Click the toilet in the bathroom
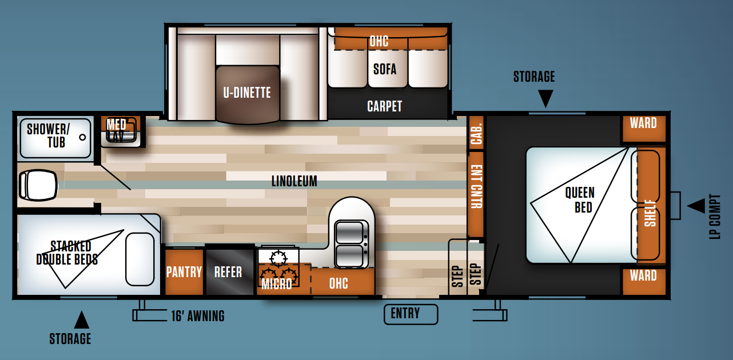click(38, 185)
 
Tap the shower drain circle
click(82, 137)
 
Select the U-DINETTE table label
click(247, 93)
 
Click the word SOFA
click(385, 69)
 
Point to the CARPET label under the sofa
click(384, 106)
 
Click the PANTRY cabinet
click(184, 272)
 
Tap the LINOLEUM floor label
click(294, 181)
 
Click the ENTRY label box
click(411, 314)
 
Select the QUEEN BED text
click(580, 200)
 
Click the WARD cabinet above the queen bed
click(644, 129)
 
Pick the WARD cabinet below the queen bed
click(644, 282)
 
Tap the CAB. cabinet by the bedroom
click(476, 133)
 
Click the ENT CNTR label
click(476, 187)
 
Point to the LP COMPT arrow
click(696, 206)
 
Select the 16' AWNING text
click(198, 316)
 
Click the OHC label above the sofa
click(379, 42)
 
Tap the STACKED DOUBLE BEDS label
click(67, 253)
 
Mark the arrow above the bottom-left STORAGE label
click(82, 320)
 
